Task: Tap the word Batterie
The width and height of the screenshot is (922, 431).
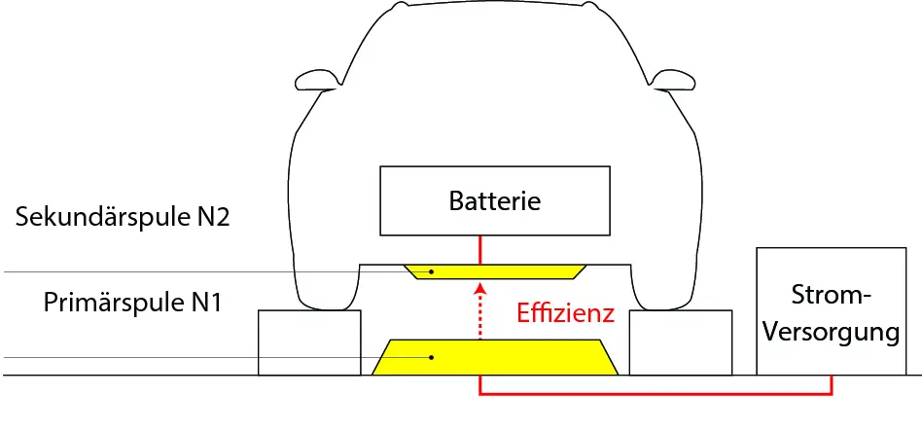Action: (x=495, y=201)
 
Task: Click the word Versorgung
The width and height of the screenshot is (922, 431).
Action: (x=831, y=332)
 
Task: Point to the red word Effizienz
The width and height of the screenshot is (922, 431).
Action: (x=565, y=313)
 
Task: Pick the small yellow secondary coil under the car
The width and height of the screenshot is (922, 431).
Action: (x=496, y=269)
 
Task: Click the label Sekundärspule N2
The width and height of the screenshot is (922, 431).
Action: (x=123, y=217)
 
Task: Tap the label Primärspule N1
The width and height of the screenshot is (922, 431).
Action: (x=134, y=303)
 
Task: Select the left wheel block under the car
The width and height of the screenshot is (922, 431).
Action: (x=308, y=342)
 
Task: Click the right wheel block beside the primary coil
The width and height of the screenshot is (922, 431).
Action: (x=681, y=342)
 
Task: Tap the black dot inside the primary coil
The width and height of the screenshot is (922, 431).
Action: (x=433, y=358)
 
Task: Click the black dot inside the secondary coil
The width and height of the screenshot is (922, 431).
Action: (x=431, y=271)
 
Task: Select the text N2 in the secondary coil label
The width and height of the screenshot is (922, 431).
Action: (x=212, y=217)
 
